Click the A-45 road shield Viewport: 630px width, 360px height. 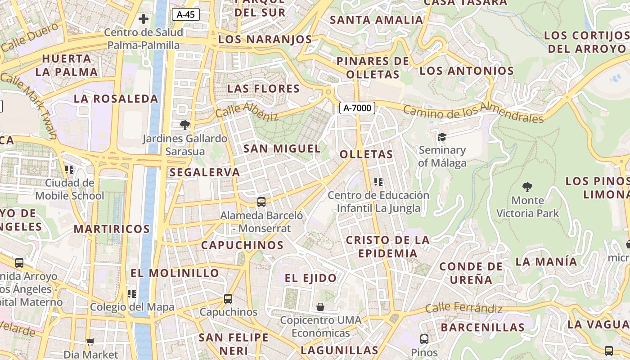tap(185, 14)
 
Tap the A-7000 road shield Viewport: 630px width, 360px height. tap(357, 108)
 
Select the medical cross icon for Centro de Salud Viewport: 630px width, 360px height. tap(144, 19)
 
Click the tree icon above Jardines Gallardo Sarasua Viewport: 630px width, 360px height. tap(184, 125)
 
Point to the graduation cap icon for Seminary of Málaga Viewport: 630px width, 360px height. tap(442, 137)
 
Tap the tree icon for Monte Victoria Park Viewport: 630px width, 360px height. tap(527, 187)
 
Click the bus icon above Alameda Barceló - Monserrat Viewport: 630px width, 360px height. tap(261, 202)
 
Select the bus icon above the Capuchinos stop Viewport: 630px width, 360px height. tap(228, 299)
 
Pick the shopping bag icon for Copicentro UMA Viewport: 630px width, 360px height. tap(320, 307)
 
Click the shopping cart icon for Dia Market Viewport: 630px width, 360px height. tap(90, 342)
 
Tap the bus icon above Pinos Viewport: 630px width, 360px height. tap(424, 339)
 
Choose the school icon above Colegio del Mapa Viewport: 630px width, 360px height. tap(132, 294)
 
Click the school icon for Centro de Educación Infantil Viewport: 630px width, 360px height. tap(378, 182)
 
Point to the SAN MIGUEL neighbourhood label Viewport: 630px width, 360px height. tap(282, 148)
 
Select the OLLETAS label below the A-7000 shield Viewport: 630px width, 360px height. tap(366, 154)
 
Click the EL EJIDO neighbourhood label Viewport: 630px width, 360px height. tap(310, 278)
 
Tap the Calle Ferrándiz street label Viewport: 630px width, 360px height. tap(463, 308)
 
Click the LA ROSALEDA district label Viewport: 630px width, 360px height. tap(116, 99)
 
